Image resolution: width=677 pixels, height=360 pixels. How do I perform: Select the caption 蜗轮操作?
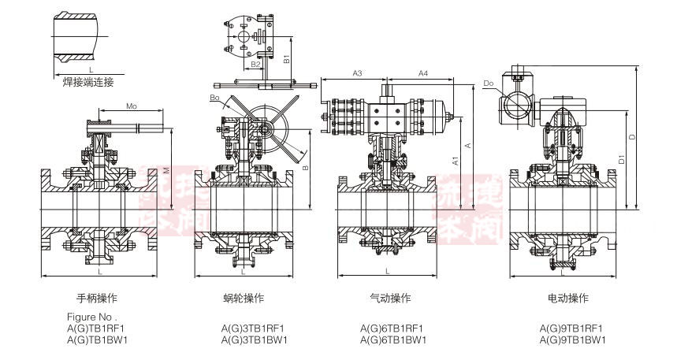243,299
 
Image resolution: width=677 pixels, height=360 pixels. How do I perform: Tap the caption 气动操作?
390,299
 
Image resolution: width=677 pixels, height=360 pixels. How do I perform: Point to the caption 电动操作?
568,299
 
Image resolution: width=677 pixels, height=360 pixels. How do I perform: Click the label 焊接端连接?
88,81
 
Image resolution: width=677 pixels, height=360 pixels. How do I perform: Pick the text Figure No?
91,317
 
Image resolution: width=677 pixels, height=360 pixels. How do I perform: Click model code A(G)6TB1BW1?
393,340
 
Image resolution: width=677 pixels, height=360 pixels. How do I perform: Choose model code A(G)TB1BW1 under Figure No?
96,340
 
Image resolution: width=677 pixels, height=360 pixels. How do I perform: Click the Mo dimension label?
132,106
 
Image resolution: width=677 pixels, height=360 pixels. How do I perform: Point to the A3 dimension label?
356,73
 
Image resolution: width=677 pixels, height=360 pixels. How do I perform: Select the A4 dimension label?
422,73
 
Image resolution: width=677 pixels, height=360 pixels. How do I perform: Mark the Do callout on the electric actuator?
489,83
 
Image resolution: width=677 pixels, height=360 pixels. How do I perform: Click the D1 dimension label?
622,158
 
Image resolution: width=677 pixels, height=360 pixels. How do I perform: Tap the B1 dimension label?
288,57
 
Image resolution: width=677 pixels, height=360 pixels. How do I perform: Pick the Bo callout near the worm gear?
214,97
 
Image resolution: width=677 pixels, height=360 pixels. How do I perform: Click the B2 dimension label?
245,64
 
